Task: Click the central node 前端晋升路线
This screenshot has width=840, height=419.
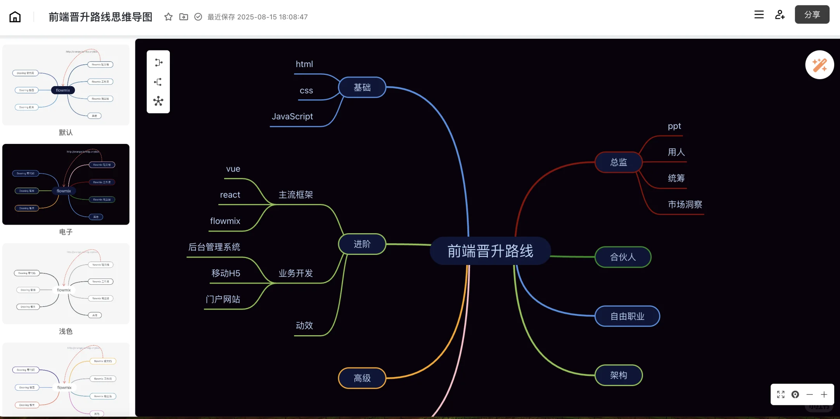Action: [490, 251]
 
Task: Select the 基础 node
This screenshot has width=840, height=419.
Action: [362, 87]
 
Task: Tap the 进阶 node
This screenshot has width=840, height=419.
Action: [362, 244]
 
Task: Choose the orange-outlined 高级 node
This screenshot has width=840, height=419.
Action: [362, 378]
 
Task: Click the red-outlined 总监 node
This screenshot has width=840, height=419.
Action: [618, 162]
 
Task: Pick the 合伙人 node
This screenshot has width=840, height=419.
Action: [622, 257]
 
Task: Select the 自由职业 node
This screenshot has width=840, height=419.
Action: [627, 316]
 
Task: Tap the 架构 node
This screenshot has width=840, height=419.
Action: [618, 375]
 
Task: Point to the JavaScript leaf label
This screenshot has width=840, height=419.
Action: [292, 116]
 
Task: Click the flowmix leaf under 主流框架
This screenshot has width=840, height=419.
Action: [225, 221]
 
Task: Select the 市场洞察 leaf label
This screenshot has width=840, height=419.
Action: [684, 204]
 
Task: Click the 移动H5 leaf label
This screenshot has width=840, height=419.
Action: [226, 273]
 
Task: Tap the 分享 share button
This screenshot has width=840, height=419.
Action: [812, 15]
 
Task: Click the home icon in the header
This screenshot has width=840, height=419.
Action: [15, 17]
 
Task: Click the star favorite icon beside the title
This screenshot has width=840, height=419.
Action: [168, 17]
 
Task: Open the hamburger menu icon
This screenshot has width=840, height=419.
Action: [759, 15]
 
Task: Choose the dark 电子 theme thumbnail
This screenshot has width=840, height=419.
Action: [66, 184]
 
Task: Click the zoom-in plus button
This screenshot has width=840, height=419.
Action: [824, 395]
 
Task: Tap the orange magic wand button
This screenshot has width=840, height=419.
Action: [819, 65]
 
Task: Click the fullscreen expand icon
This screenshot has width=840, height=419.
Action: [781, 395]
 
